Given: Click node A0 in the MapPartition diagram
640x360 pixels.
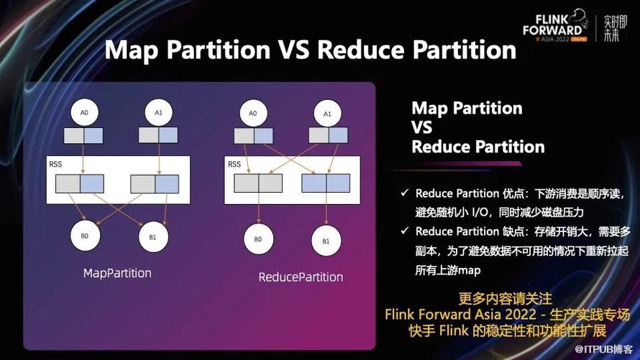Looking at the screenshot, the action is coord(84,113).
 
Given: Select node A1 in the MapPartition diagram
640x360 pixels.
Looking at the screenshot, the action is coord(159,113).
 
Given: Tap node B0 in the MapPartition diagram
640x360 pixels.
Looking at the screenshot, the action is coord(85,236).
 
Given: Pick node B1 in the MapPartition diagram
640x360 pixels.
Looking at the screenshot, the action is coord(153,237).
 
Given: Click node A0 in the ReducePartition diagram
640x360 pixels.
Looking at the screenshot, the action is coord(253,114).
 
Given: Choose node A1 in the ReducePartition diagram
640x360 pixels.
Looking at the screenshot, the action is coord(327,114).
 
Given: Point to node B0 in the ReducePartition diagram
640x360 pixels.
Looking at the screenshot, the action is coord(258,239).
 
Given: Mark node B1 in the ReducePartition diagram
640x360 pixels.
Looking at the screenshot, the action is coord(326,241).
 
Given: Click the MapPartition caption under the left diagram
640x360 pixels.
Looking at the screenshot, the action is coord(117,273).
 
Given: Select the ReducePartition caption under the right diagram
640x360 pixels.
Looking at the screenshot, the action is coord(301,277).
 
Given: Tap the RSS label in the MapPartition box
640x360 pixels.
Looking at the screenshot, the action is coord(55,165).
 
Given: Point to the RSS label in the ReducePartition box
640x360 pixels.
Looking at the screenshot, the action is coord(234,165).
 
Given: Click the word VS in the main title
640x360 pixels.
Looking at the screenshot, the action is coord(293,50).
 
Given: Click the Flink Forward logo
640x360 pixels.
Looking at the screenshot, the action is coord(555,27).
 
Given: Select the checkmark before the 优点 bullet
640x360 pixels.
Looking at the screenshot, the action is coord(404,193).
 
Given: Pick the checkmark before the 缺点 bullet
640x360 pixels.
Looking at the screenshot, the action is coord(404,231).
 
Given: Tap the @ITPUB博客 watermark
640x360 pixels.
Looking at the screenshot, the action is coord(603,349).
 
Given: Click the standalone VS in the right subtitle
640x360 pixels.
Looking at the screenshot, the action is coord(421,128).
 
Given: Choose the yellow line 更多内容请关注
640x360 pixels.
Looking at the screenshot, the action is coord(506,298).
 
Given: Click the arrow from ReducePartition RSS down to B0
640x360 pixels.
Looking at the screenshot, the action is coord(258,208).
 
